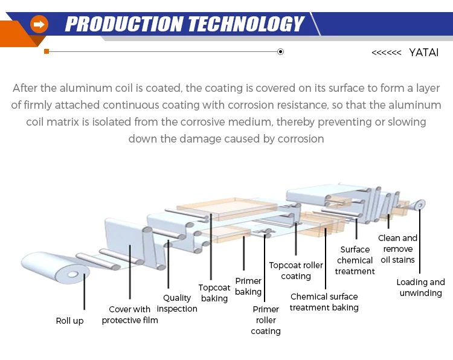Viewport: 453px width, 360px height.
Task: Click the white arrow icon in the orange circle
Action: click(39, 24)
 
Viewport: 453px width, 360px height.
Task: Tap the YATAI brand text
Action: click(423, 53)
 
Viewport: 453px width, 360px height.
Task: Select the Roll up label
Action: click(69, 321)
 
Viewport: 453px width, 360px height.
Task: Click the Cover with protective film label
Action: click(130, 315)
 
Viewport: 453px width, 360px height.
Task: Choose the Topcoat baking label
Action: click(214, 293)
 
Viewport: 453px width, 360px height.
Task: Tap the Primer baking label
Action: click(248, 286)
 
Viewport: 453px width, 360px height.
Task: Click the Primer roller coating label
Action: click(266, 320)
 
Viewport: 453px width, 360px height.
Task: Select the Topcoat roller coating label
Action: click(296, 271)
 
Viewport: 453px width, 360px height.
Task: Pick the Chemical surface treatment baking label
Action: click(324, 302)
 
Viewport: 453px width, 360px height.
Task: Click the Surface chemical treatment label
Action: click(355, 260)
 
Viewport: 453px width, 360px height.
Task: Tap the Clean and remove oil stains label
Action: click(398, 249)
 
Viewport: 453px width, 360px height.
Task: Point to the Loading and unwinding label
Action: click(420, 288)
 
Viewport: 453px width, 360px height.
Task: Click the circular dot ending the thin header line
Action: click(280, 52)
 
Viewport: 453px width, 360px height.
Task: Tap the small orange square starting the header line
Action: click(47, 52)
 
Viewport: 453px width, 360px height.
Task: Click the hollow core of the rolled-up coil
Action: click(72, 275)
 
